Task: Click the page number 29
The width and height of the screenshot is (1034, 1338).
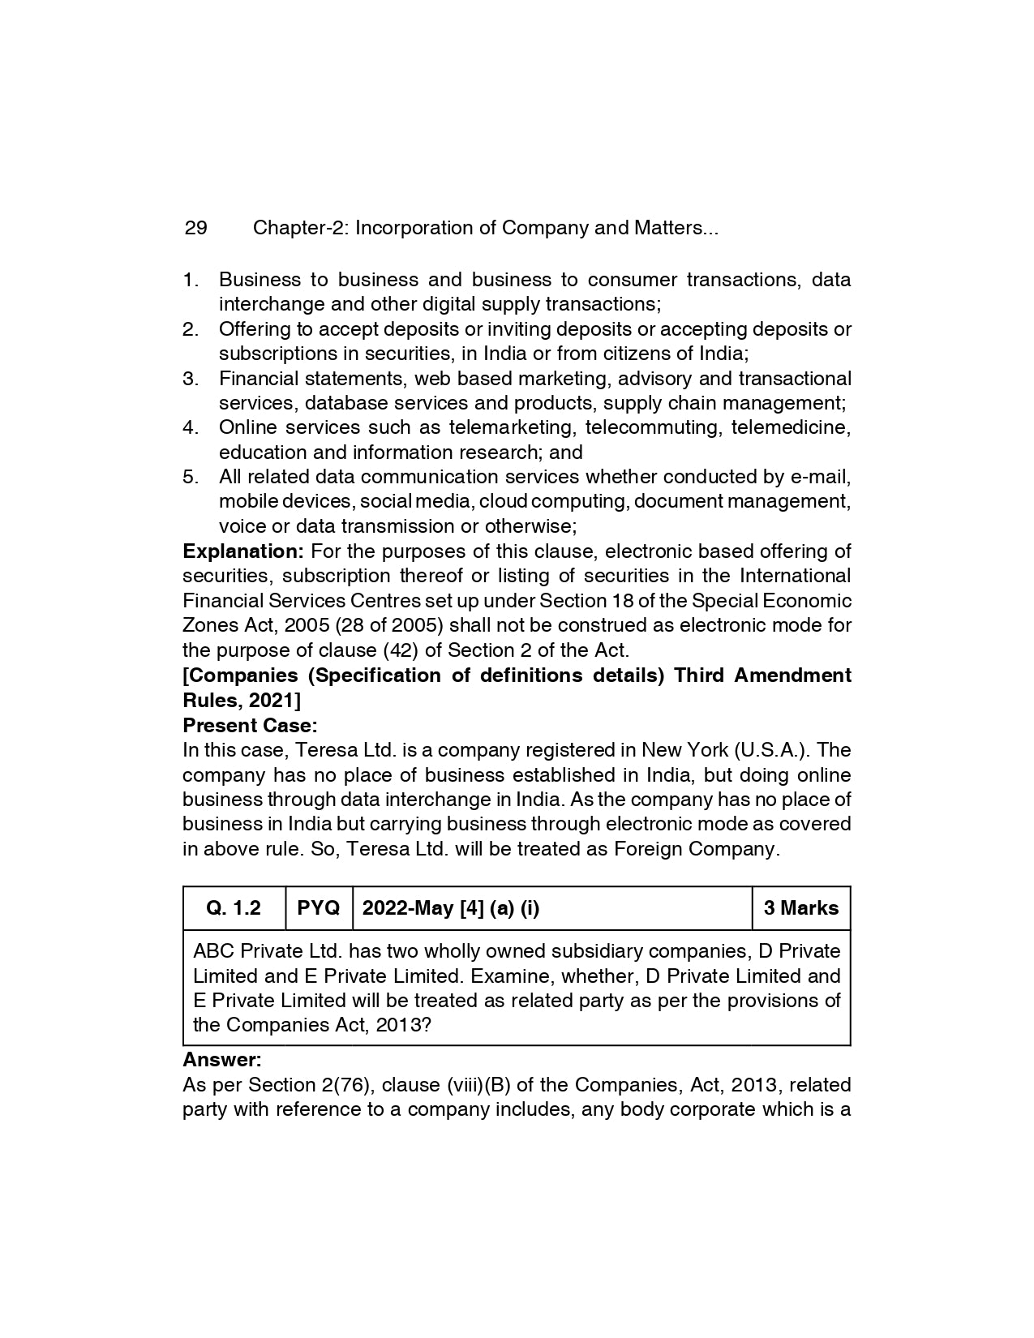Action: coord(195,228)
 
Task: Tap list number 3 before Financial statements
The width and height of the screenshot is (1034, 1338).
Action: coord(191,379)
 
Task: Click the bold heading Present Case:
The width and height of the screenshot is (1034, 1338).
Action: coord(250,725)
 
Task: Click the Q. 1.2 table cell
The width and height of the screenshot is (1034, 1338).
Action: coord(234,908)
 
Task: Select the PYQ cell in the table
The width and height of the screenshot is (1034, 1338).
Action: coord(319,908)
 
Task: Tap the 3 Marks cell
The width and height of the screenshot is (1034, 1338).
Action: coord(801,908)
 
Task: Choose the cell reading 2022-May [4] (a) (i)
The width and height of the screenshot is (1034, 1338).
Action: coord(450,908)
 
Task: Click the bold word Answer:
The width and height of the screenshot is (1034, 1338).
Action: coord(222,1060)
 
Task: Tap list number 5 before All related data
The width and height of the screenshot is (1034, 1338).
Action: coord(191,477)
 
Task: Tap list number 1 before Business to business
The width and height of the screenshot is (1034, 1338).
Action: coord(191,280)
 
